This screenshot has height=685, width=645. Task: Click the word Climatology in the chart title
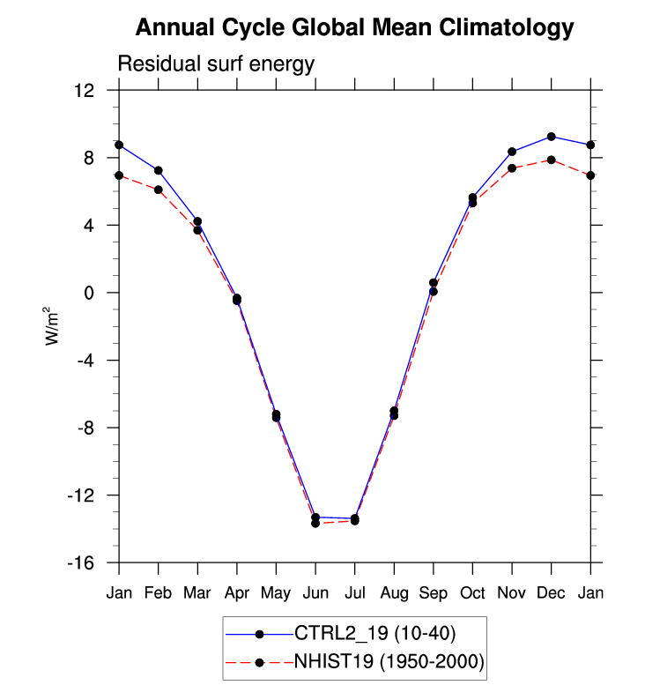(x=506, y=28)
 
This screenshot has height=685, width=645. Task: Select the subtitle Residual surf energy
(x=216, y=63)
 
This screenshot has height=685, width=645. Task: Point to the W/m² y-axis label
(x=51, y=326)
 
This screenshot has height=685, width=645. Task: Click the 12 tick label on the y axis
(x=84, y=91)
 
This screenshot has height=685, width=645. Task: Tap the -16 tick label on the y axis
(x=81, y=562)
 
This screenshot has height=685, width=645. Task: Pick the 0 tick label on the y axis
(x=89, y=293)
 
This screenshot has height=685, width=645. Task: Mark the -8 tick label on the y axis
(x=86, y=428)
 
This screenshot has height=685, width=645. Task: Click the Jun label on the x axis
(x=315, y=592)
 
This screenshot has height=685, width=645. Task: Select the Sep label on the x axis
(x=434, y=593)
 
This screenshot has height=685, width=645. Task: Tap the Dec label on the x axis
(x=551, y=592)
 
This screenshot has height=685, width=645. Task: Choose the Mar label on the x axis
(x=197, y=592)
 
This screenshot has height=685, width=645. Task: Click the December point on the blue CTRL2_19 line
(x=551, y=137)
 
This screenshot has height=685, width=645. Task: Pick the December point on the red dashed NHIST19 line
(x=551, y=160)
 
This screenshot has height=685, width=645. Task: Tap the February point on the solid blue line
(x=158, y=170)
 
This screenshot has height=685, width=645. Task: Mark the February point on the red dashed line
(x=158, y=190)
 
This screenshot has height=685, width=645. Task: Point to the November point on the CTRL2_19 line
(x=512, y=152)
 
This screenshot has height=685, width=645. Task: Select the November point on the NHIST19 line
(x=512, y=168)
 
